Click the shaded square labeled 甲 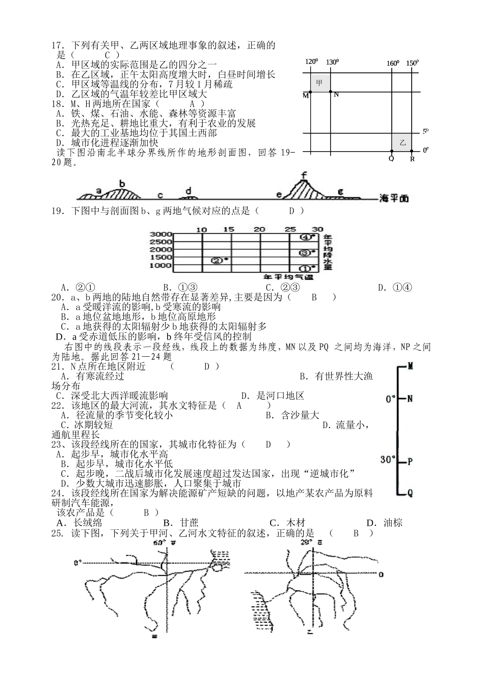(319, 82)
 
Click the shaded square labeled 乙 (402, 142)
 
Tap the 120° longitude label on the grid (311, 62)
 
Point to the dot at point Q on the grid (391, 151)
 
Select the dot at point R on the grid (412, 151)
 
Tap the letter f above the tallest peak (304, 176)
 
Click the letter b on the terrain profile (122, 184)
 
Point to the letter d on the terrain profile (189, 191)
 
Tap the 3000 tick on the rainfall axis (160, 234)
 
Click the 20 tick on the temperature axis (259, 229)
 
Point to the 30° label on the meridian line (388, 460)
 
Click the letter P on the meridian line (411, 462)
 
